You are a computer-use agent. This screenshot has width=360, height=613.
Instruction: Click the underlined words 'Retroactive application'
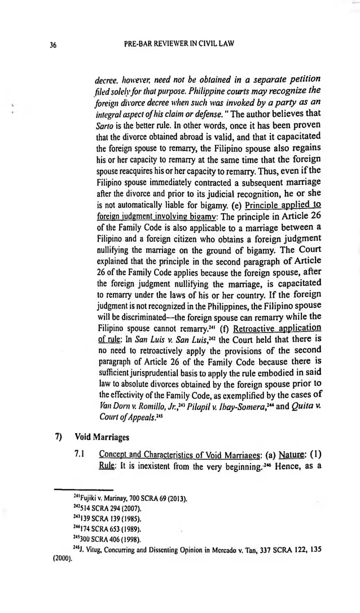pyautogui.click(x=277, y=328)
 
